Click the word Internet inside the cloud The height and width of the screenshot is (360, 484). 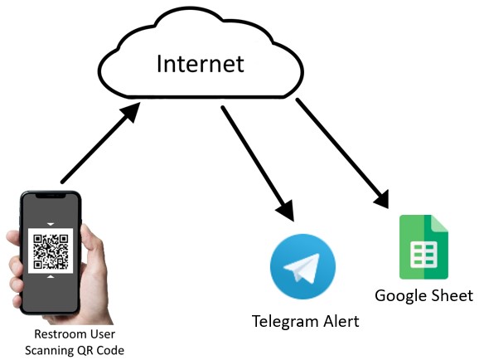coord(201,64)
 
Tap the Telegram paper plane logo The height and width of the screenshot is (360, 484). coord(302,266)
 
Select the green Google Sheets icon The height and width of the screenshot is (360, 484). coord(423,247)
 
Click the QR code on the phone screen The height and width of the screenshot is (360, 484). coord(51,251)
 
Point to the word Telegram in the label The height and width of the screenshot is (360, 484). coord(286,322)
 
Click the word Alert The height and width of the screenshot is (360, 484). coord(341,321)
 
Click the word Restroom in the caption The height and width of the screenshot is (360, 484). coord(56,334)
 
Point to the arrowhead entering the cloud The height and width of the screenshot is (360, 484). coord(131,112)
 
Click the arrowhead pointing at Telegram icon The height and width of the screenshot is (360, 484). coord(287,211)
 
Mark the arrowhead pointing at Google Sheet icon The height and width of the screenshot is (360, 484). coord(383,200)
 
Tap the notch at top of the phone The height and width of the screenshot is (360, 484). coord(51,197)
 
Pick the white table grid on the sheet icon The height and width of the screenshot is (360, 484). coord(423,255)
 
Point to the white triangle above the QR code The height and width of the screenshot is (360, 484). coord(51,224)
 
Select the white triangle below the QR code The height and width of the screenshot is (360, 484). coord(51,276)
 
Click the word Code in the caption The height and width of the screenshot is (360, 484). coord(110,350)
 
